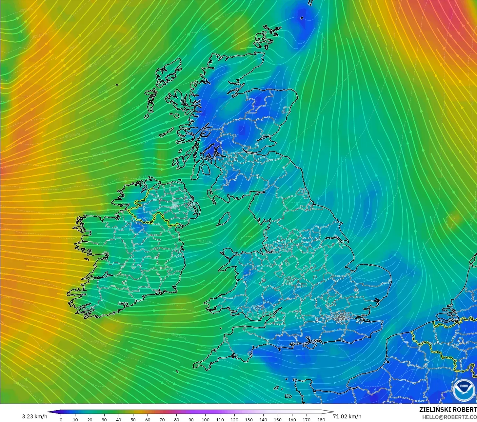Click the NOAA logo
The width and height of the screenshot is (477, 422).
(464, 390)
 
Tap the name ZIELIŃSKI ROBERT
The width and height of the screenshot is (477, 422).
(448, 410)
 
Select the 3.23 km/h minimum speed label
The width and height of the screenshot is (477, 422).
(34, 416)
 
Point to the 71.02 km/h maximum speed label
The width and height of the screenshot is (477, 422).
(347, 416)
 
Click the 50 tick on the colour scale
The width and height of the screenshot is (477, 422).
(133, 420)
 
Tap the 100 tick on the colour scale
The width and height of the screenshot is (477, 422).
(206, 420)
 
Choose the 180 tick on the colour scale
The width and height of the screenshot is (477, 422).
(321, 420)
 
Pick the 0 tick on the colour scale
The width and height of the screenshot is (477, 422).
(61, 420)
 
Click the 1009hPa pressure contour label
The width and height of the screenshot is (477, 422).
(72, 135)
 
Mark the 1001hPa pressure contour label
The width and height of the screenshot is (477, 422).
(38, 36)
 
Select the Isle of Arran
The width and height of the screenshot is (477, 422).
(206, 169)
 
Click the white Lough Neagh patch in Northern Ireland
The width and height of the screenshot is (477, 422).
(175, 206)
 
